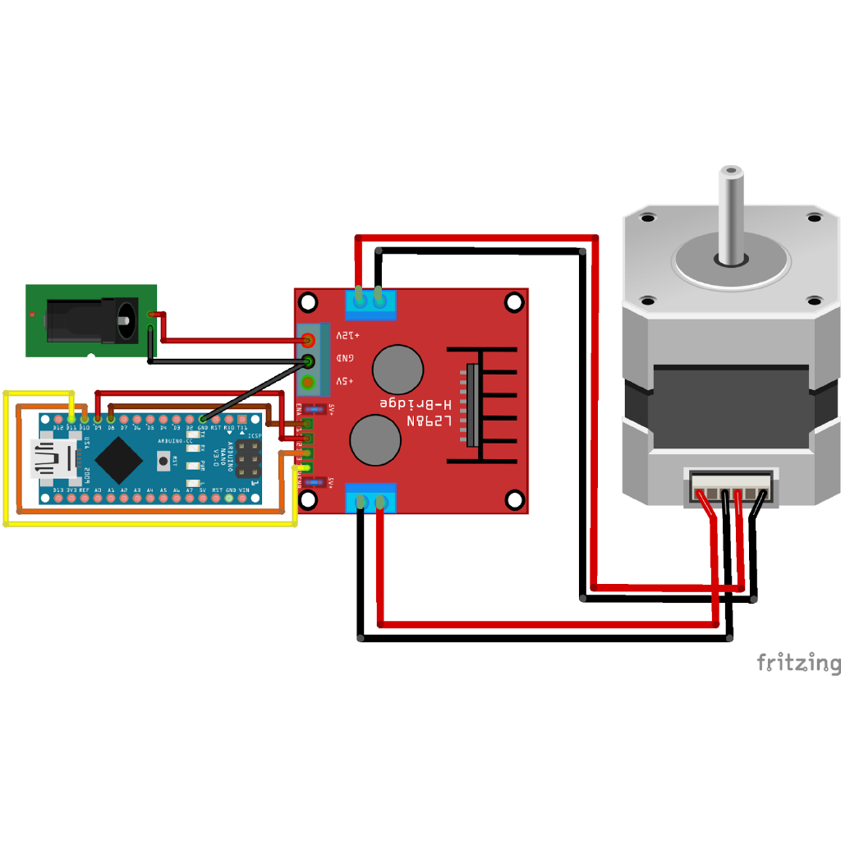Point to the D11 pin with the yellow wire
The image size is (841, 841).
point(71,420)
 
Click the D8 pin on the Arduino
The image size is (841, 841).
point(111,420)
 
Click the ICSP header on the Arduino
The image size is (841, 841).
point(247,459)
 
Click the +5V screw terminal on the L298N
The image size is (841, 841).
point(309,382)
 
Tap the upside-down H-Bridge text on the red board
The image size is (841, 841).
point(416,403)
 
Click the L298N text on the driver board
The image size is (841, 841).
point(429,420)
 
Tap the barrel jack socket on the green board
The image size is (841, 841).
point(90,319)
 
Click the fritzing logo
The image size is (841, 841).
point(797,663)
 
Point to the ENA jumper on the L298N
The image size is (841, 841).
point(313,409)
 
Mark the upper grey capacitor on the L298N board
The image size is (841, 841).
point(398,370)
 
